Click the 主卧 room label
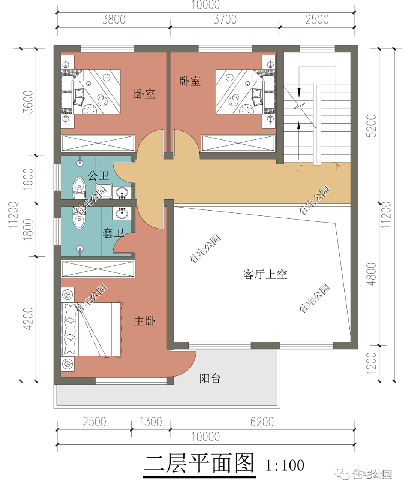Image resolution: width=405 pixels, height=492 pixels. (x=144, y=321)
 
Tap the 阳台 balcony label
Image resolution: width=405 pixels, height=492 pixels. (x=210, y=378)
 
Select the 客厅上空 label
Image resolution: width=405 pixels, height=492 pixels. (x=265, y=275)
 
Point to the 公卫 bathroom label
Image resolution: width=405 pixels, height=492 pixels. (x=98, y=175)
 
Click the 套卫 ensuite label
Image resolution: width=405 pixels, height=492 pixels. (x=113, y=233)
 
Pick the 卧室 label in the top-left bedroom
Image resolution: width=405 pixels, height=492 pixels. (x=144, y=94)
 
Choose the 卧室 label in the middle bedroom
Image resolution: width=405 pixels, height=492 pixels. (x=190, y=81)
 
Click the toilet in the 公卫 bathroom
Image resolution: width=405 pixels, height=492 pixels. (x=79, y=188)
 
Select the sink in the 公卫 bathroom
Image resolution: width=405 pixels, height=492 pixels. (x=121, y=193)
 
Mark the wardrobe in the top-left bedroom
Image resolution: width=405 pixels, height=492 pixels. (x=98, y=143)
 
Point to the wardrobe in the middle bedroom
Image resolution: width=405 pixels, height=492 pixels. (x=238, y=143)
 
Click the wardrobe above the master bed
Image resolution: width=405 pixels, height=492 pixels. (x=98, y=269)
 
